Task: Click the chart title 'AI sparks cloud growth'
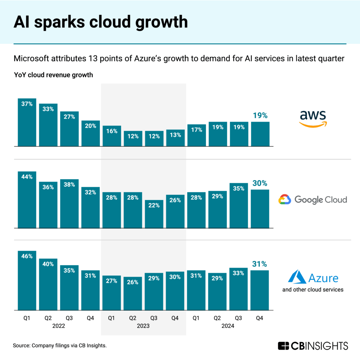[x=100, y=22]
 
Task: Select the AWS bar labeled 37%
[x=27, y=122]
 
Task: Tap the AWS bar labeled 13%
[x=175, y=138]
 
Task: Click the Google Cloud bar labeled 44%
[x=27, y=200]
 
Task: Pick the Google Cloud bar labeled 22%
[x=154, y=214]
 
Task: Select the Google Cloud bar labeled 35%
[x=239, y=205]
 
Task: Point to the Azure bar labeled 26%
[x=133, y=293]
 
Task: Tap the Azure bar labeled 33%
[x=239, y=288]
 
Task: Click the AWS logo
[x=313, y=118]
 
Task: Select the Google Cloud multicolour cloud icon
[x=285, y=200]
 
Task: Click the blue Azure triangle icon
[x=297, y=277]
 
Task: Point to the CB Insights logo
[x=313, y=345]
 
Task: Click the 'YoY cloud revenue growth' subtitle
[x=53, y=75]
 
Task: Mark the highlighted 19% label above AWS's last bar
[x=260, y=115]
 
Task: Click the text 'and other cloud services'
[x=313, y=290]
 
